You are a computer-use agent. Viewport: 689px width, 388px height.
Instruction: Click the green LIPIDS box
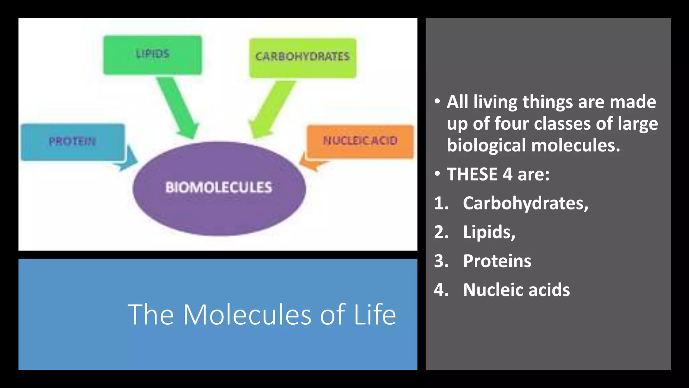[152, 55]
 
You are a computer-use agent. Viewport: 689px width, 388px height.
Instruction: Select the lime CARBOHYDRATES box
[302, 58]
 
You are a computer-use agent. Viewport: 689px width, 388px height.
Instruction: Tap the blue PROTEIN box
[72, 142]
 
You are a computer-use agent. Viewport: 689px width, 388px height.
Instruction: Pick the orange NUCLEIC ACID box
[360, 141]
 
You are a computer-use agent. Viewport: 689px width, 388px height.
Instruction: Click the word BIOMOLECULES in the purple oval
[219, 188]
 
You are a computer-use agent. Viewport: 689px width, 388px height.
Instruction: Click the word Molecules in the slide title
[247, 315]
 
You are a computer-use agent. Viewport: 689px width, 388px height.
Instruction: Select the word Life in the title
[375, 315]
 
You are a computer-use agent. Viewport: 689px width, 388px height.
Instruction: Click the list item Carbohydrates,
[525, 203]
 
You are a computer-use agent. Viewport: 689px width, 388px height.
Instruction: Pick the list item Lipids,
[489, 232]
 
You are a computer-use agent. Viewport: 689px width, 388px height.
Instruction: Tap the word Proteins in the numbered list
[497, 261]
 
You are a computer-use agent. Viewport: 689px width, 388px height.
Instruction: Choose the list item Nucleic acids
[516, 290]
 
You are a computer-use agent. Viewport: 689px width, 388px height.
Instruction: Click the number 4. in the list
[441, 290]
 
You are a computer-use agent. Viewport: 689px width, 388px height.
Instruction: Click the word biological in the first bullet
[486, 145]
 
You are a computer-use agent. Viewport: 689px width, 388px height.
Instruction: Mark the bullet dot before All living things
[437, 101]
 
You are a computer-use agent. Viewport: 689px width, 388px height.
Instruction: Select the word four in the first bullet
[511, 124]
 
